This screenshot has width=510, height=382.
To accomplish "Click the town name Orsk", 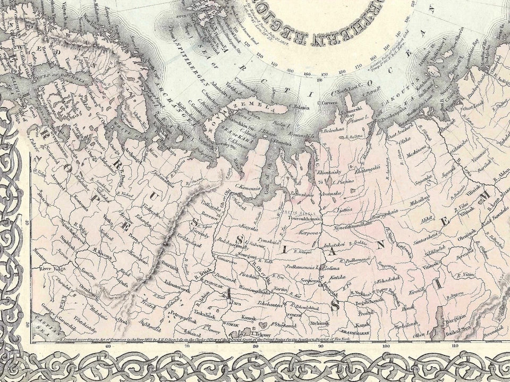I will [123, 320].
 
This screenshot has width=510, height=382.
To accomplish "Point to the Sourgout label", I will [246, 255].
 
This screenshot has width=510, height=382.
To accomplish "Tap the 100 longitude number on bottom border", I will [386, 346].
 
